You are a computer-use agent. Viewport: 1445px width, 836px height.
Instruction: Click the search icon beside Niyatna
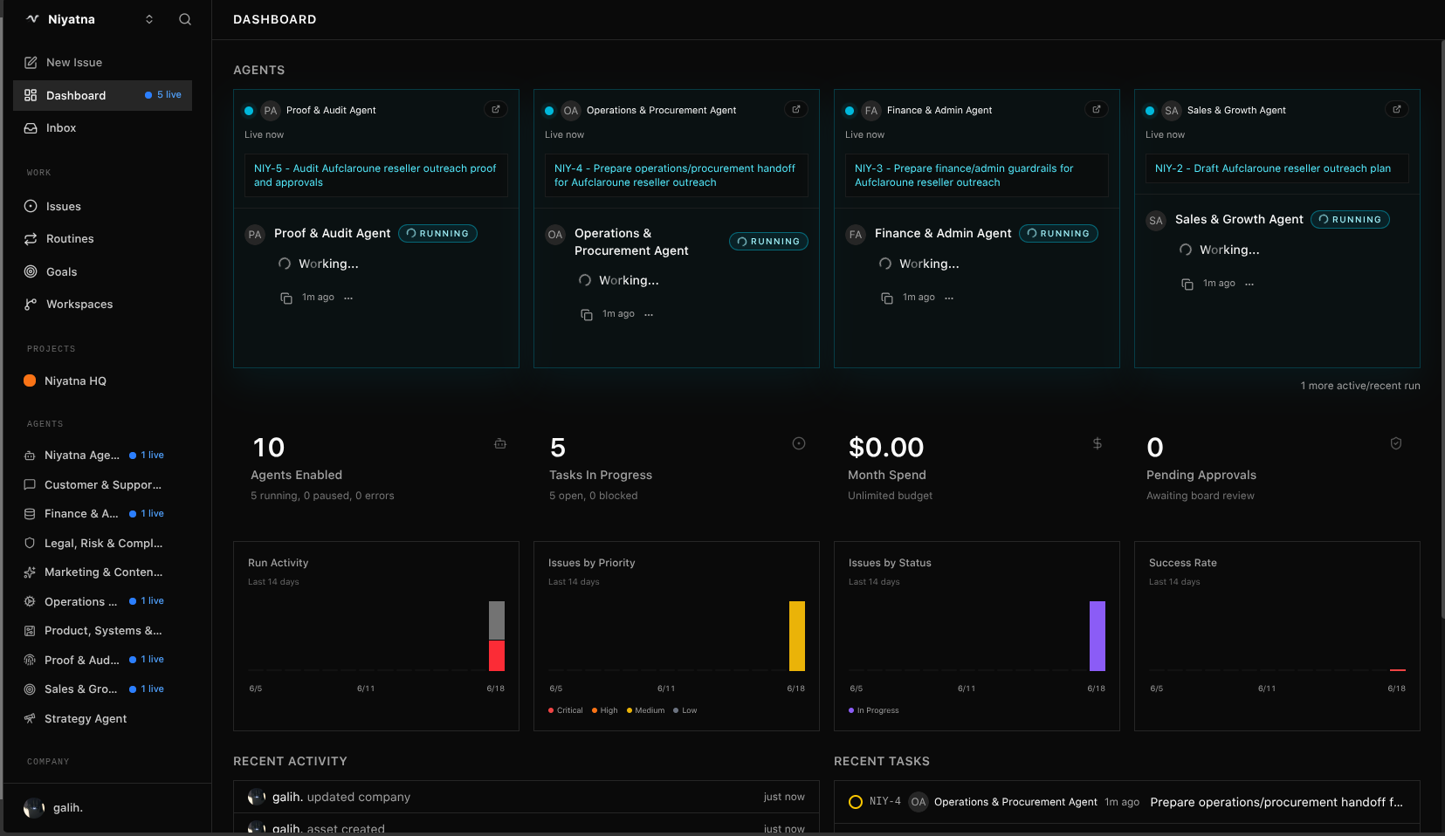185,19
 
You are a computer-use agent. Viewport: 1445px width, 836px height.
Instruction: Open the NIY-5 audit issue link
375,175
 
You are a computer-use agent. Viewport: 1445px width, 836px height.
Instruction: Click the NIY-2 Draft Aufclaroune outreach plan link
1273,168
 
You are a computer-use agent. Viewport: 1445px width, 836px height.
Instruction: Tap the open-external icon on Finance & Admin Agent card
1096,110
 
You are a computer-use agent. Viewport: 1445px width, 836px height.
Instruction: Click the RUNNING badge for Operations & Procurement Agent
768,241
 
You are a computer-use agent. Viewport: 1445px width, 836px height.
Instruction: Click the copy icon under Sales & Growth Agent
1187,284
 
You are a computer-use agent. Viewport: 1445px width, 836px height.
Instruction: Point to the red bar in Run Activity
497,655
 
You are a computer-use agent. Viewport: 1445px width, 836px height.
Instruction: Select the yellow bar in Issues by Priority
796,636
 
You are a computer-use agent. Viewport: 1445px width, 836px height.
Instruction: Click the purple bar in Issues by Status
1098,636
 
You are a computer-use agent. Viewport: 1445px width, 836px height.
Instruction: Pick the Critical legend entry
565,710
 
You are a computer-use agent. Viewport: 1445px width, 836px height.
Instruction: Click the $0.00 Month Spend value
885,448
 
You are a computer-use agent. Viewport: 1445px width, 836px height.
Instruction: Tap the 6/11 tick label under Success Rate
1267,689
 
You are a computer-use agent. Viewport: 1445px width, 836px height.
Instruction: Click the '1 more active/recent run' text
1359,386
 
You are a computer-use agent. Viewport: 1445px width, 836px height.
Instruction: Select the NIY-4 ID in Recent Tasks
885,801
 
